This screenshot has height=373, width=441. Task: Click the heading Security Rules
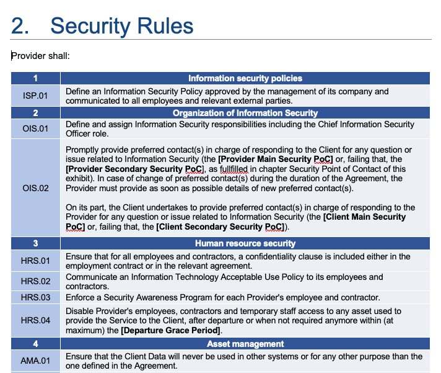tap(121, 25)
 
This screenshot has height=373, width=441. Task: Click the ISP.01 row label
tap(35, 96)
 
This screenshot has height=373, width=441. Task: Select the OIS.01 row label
tap(35, 129)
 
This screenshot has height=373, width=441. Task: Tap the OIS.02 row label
tap(35, 188)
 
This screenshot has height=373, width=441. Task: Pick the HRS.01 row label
tap(35, 261)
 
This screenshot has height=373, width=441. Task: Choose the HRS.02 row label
tap(35, 281)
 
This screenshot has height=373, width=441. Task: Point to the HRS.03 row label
tap(35, 297)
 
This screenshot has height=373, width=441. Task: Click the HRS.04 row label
tap(35, 321)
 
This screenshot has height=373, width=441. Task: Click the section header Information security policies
tap(245, 79)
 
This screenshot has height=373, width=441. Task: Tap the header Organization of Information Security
tap(245, 113)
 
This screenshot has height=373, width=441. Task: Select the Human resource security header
tap(245, 244)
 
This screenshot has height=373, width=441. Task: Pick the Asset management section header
tap(245, 344)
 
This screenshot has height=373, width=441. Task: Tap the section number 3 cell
tap(35, 244)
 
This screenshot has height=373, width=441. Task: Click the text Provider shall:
tap(40, 56)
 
